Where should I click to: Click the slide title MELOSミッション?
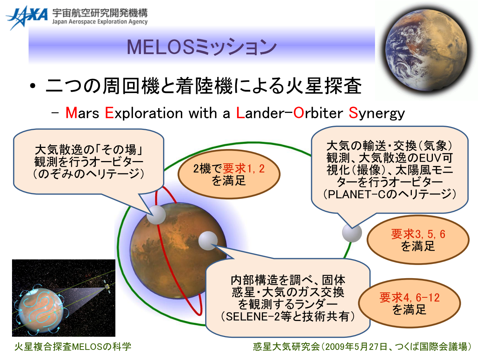(201, 47)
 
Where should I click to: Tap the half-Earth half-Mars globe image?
(426, 50)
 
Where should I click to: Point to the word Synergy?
(377, 114)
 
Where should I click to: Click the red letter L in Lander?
(240, 113)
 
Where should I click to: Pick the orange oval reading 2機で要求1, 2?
(229, 174)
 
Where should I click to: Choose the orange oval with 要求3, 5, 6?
(418, 240)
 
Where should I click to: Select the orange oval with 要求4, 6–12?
(409, 303)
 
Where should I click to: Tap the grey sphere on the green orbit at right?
(352, 233)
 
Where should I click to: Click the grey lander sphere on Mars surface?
(208, 241)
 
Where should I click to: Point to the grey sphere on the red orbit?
(156, 215)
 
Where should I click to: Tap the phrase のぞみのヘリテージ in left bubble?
(89, 174)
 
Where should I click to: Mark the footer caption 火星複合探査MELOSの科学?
(73, 346)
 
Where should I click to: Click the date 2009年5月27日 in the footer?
(356, 347)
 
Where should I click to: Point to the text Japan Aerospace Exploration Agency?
(100, 22)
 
